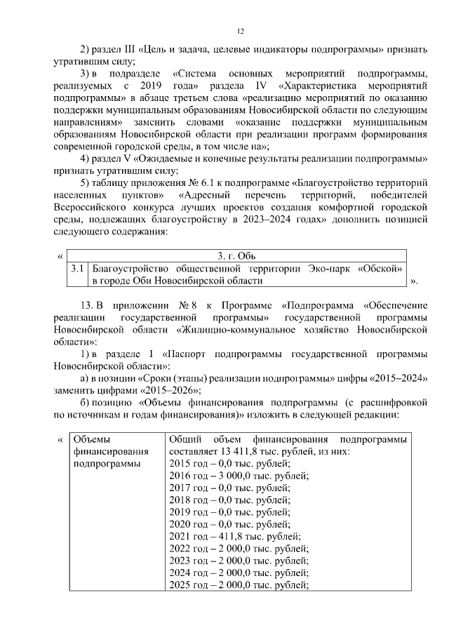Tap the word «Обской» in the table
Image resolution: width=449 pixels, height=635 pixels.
[x=380, y=269]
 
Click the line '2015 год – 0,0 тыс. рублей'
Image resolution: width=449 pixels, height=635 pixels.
[x=230, y=464]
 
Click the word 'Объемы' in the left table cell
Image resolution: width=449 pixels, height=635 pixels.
[x=91, y=439]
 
